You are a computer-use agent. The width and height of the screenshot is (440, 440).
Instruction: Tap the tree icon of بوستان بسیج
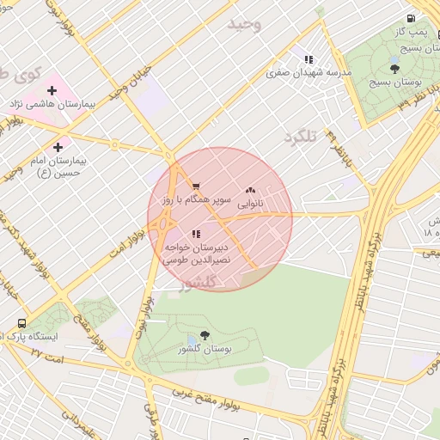pos(394,69)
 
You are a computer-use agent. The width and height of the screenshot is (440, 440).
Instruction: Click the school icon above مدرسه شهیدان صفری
pos(308,59)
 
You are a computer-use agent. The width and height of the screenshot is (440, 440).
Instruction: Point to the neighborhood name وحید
pos(243,24)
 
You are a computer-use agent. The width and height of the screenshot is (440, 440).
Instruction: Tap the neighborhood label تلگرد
pos(301,136)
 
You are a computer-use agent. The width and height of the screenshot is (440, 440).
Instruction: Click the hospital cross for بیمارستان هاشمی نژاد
pos(51,90)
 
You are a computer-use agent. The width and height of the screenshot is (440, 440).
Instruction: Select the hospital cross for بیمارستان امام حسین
pos(58,147)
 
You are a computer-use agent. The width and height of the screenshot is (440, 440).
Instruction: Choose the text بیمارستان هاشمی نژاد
pos(51,104)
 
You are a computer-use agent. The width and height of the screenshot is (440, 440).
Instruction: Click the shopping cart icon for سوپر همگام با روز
pos(196,186)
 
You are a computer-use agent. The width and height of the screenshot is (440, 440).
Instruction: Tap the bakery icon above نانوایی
pos(250,190)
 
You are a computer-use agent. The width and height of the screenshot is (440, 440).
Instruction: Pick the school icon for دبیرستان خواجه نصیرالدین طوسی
pos(196,233)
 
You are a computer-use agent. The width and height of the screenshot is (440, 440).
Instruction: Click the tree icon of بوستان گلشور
pos(205,335)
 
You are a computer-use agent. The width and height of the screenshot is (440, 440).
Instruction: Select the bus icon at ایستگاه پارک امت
pos(21,323)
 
